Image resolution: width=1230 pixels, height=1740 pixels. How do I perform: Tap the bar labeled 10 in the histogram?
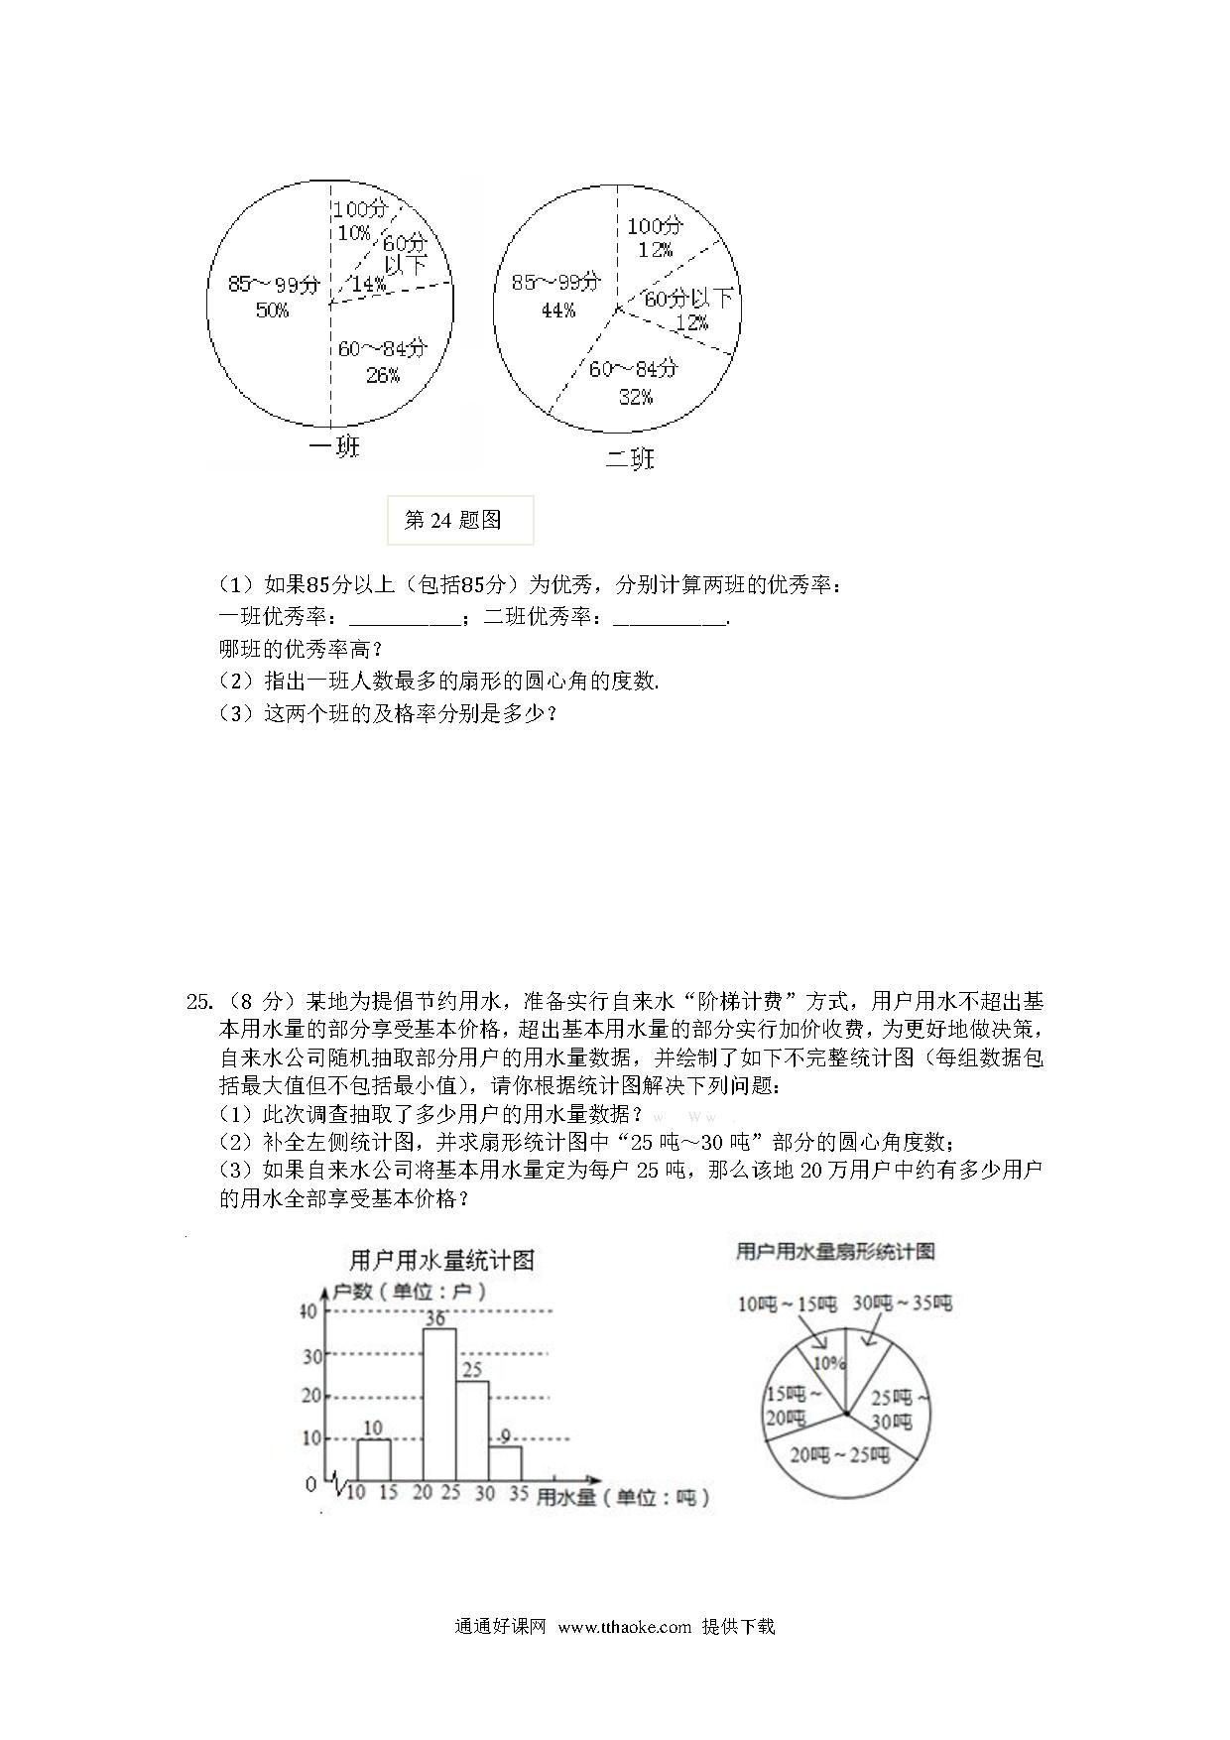(374, 1459)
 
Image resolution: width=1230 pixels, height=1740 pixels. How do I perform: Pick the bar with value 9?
(505, 1463)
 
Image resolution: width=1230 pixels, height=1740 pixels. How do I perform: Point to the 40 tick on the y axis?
(308, 1311)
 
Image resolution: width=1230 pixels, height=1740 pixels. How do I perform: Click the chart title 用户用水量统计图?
(441, 1260)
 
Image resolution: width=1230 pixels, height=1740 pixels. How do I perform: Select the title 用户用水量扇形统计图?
(834, 1252)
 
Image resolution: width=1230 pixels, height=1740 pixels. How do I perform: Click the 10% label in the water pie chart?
(829, 1363)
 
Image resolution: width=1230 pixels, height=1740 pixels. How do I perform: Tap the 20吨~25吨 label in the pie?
(839, 1455)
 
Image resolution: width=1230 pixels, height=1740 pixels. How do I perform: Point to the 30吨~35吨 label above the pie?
(903, 1303)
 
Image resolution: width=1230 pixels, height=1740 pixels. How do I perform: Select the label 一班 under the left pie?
(334, 447)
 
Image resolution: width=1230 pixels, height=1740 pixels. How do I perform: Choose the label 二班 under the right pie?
(631, 459)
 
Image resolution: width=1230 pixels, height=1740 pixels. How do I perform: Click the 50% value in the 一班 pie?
(272, 311)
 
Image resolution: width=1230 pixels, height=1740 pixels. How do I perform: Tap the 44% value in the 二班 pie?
(557, 311)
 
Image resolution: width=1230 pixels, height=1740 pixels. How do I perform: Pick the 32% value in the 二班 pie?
(635, 397)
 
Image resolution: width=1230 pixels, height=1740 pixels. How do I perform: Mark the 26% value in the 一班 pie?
(383, 375)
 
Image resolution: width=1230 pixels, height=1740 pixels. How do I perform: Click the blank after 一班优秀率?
(406, 617)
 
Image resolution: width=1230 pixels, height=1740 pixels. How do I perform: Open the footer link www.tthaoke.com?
(624, 1626)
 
